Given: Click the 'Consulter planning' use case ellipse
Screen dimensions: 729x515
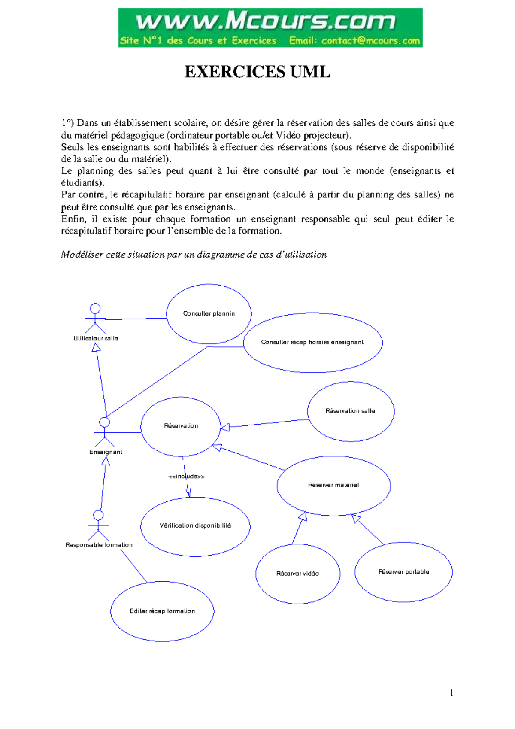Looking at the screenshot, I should (x=209, y=314).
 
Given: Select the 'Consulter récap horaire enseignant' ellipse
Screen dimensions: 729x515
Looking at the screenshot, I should (x=312, y=343).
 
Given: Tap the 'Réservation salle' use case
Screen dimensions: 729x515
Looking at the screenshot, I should (x=351, y=411).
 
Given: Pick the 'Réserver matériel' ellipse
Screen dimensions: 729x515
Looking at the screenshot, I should (x=333, y=486).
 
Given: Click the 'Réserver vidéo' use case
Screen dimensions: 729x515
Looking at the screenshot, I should (x=297, y=574).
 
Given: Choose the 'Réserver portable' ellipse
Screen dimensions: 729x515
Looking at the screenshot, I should (x=403, y=572).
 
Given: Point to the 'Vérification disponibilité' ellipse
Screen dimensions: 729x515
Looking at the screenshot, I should (x=195, y=526).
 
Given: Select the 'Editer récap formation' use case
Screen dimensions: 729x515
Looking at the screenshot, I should (x=162, y=611).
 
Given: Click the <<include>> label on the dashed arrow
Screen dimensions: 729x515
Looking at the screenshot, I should (x=186, y=477).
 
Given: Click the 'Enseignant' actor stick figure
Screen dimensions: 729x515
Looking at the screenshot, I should (x=105, y=432).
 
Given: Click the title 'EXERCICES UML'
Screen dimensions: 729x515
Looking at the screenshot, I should (x=257, y=72).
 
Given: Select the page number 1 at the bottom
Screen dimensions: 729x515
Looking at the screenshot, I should (x=451, y=692).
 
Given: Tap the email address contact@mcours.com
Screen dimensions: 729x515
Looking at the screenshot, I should (x=370, y=41).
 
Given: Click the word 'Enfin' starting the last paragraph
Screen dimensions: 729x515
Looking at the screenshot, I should (x=73, y=219).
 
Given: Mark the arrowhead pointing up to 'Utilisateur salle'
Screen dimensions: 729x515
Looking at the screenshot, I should (x=97, y=347).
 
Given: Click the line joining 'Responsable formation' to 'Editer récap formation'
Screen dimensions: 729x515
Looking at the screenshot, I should (x=134, y=566).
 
